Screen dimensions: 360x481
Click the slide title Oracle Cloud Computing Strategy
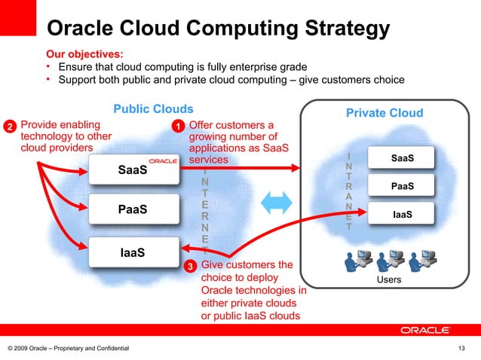218,29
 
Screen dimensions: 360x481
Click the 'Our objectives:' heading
84,54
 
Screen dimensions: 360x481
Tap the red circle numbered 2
9,126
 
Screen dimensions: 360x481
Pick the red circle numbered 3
191,267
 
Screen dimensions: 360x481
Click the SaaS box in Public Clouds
133,170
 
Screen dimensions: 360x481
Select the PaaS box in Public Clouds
133,209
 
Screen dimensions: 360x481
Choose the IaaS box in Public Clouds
133,252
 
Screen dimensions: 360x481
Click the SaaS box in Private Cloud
403,158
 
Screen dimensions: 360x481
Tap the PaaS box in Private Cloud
403,186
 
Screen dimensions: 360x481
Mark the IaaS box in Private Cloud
403,215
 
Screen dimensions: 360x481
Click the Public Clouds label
153,109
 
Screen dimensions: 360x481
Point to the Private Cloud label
384,113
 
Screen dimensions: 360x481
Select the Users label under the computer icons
389,280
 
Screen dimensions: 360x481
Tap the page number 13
462,348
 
